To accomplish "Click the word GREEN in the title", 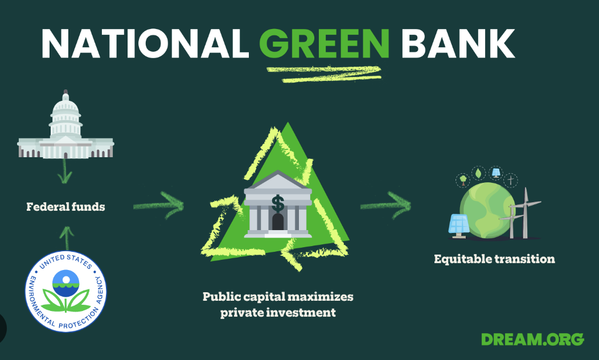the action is tap(325, 43).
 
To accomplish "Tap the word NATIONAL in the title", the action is tap(145, 43).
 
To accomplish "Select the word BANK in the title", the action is tap(458, 43).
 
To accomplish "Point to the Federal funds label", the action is tap(65, 207).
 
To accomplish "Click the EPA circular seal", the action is tap(65, 291).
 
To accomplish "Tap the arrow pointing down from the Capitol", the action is tap(64, 171).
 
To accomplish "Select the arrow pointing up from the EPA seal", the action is tap(67, 238).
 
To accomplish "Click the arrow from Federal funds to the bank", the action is tap(158, 205).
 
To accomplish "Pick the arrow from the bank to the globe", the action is tap(385, 205).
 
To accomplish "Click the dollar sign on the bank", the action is tap(278, 204).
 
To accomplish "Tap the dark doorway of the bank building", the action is tap(278, 222).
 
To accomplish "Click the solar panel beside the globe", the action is tap(459, 226).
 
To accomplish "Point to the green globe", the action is tap(487, 210).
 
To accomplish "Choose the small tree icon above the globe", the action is tap(463, 179).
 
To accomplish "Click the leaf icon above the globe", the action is tap(478, 173).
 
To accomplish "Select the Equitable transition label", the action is tap(494, 259).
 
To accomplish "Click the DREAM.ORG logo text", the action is tap(532, 339).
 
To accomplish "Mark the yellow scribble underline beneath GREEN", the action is tap(324, 74).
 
